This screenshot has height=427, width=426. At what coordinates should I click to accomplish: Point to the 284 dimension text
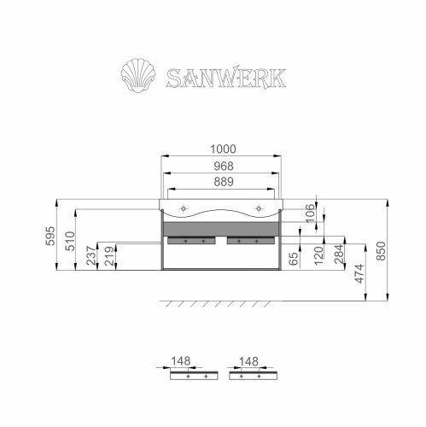coord(338,254)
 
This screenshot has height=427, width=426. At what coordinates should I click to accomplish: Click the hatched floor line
coord(222,303)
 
